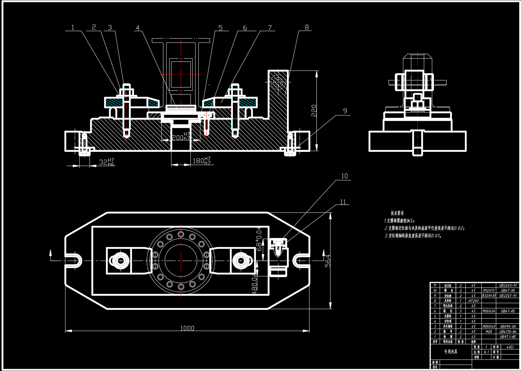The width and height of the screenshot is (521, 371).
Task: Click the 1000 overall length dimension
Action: pyautogui.click(x=187, y=328)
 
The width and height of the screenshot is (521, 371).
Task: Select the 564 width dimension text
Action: pyautogui.click(x=328, y=261)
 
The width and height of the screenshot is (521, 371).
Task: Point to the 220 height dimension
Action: pyautogui.click(x=314, y=111)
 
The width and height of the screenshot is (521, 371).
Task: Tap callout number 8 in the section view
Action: pyautogui.click(x=307, y=27)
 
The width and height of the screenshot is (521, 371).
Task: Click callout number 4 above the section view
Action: pyautogui.click(x=137, y=28)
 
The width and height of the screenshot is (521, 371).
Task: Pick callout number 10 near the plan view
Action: pyautogui.click(x=344, y=176)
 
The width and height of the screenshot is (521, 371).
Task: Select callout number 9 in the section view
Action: pyautogui.click(x=345, y=111)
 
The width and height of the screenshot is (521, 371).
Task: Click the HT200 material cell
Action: pyautogui.click(x=473, y=300)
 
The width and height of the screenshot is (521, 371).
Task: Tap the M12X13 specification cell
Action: pyautogui.click(x=488, y=290)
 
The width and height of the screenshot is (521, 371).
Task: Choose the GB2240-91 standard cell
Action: pyautogui.click(x=508, y=285)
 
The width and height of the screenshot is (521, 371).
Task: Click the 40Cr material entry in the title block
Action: pyautogui.click(x=510, y=347)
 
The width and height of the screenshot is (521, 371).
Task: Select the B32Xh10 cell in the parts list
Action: pyautogui.click(x=489, y=295)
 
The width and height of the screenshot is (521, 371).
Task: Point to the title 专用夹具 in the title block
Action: pyautogui.click(x=451, y=351)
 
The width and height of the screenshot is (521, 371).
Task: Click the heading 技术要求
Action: pyautogui.click(x=397, y=213)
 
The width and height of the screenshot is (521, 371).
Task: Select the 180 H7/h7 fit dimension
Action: pyautogui.click(x=201, y=161)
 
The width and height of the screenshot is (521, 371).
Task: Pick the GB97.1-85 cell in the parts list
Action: pyautogui.click(x=508, y=337)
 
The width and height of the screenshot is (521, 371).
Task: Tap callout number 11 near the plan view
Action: pyautogui.click(x=343, y=202)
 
